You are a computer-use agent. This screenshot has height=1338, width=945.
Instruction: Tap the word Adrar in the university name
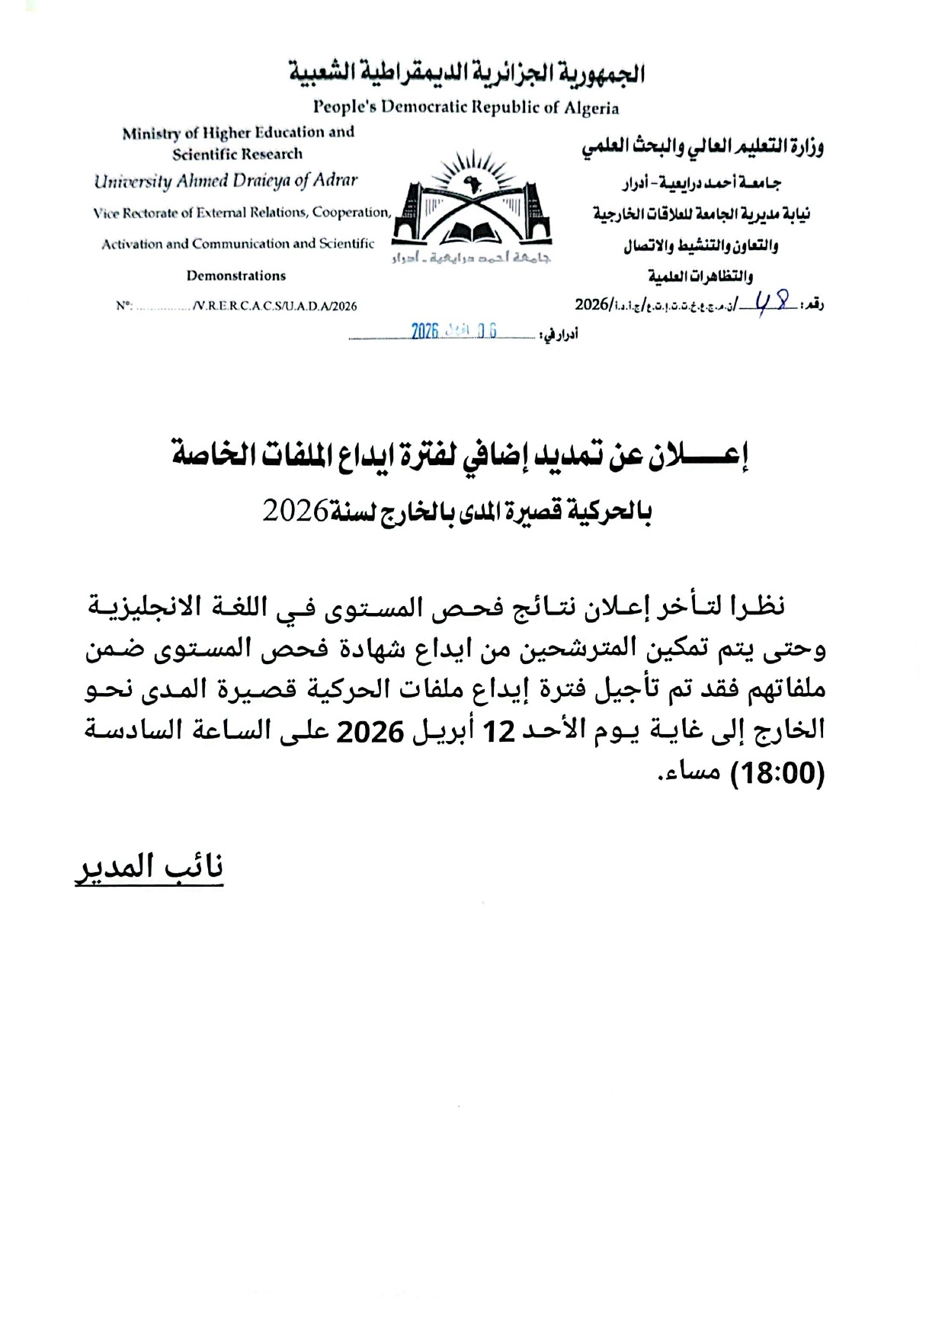tap(335, 181)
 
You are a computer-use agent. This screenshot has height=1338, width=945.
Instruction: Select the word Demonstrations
tap(236, 275)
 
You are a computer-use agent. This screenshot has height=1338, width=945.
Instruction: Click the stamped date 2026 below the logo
tap(424, 330)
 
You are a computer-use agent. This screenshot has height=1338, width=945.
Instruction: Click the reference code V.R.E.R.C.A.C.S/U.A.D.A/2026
tap(274, 306)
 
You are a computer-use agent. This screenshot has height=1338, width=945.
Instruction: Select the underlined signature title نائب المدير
tap(149, 868)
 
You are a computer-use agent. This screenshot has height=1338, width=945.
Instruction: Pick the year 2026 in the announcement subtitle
tap(295, 511)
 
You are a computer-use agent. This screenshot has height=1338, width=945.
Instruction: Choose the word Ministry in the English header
tap(151, 133)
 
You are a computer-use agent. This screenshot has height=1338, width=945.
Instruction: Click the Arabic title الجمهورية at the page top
tap(601, 74)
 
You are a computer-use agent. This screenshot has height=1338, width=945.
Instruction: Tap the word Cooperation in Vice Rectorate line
tap(351, 212)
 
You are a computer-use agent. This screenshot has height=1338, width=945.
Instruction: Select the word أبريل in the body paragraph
tap(446, 733)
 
